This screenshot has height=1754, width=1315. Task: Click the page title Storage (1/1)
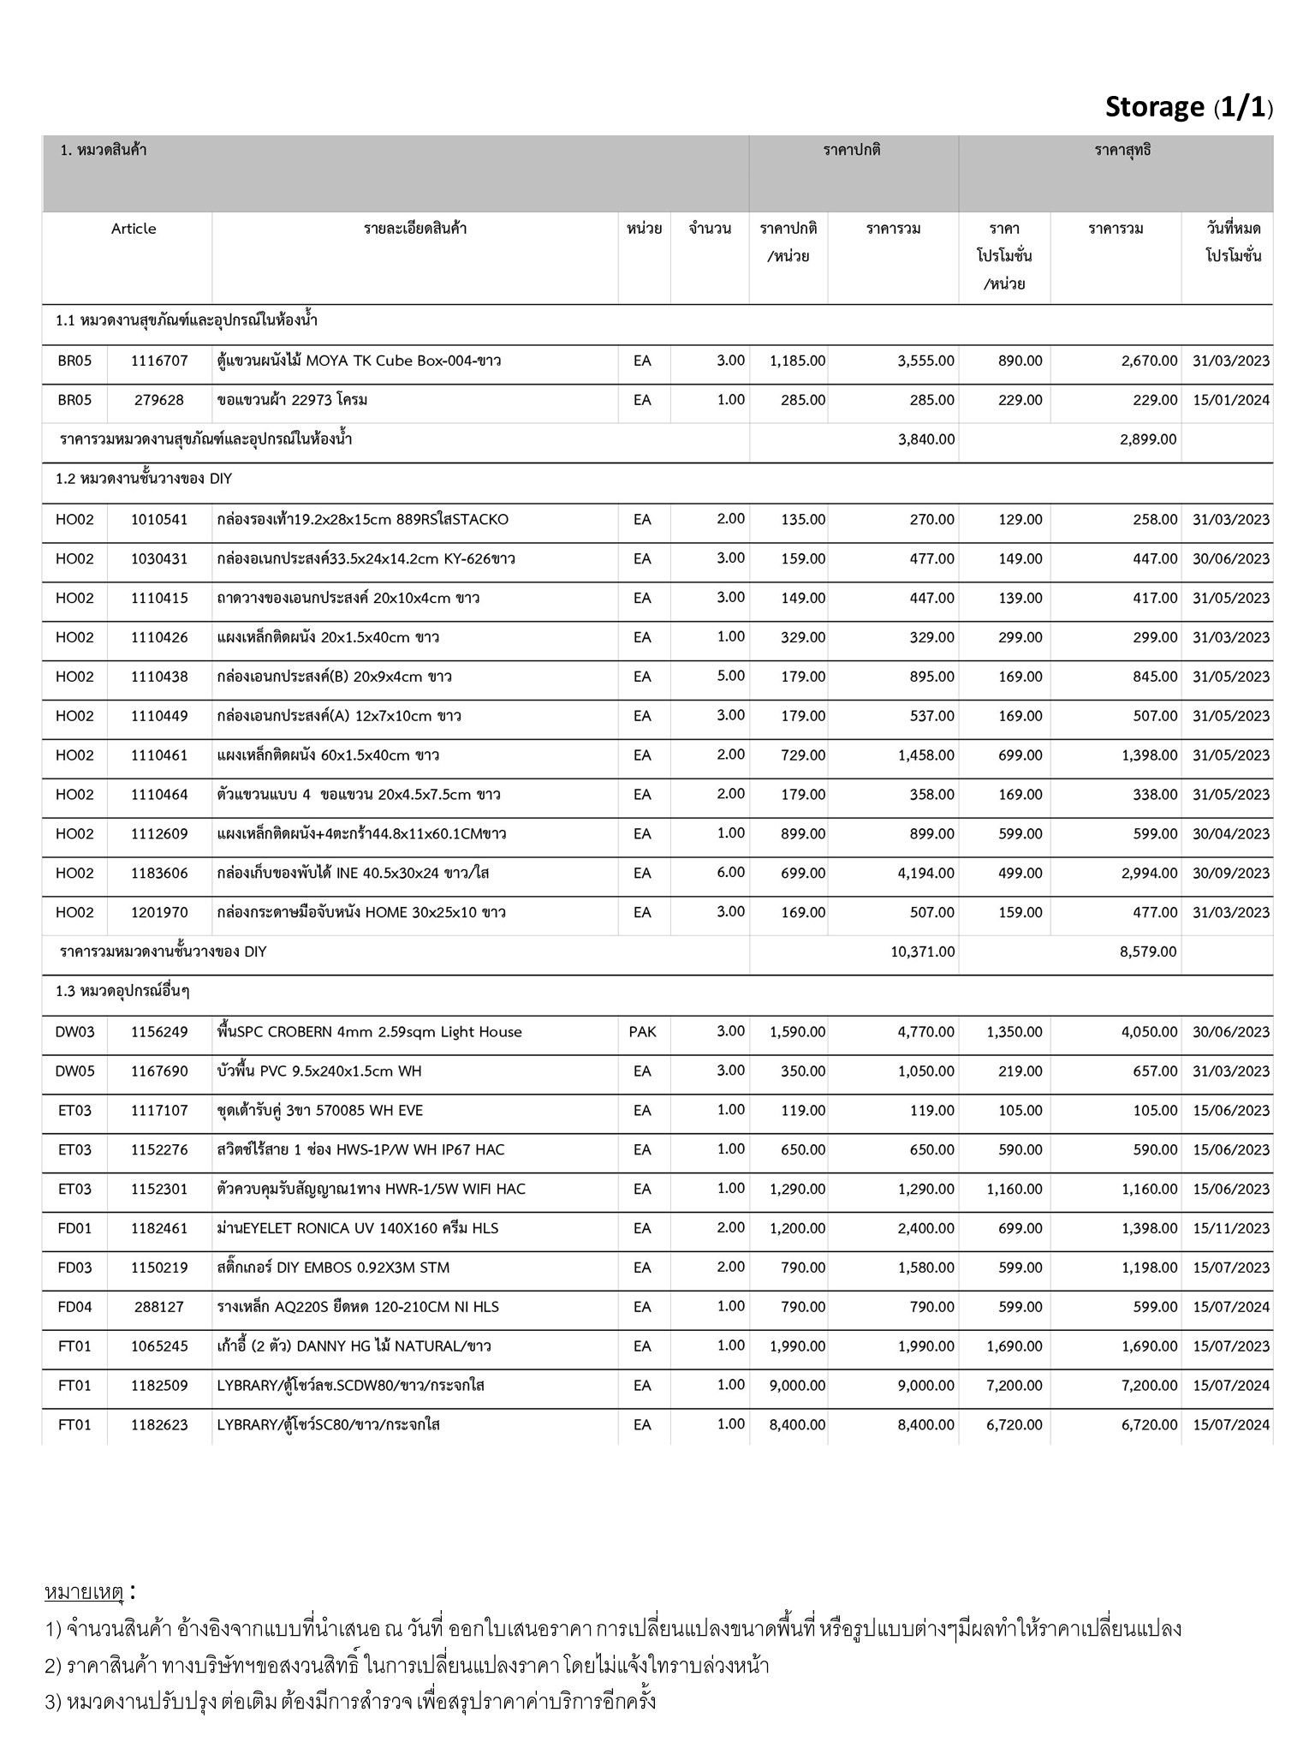[1188, 108]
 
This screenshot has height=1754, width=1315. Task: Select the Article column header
[134, 229]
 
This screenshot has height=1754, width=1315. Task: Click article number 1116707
[159, 361]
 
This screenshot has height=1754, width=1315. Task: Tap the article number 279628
[159, 400]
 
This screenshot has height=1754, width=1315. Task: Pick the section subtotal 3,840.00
[925, 439]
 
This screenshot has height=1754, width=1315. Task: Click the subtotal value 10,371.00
[922, 952]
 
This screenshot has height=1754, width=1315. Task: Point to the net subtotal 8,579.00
[1147, 952]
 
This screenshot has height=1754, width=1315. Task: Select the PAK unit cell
[642, 1032]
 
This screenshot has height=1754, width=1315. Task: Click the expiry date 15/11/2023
[1230, 1228]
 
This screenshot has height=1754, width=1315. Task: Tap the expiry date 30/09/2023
[1230, 874]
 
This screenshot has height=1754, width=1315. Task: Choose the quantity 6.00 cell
[730, 873]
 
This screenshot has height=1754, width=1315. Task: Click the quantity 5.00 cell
[730, 676]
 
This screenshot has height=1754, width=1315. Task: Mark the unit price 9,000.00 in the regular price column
[797, 1386]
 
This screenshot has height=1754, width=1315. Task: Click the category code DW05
[74, 1071]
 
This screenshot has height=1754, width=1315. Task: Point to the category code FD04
[74, 1307]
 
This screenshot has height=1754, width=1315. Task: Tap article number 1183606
[159, 874]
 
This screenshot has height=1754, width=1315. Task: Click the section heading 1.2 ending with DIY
[144, 479]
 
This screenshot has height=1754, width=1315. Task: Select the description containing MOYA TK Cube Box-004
[359, 361]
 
